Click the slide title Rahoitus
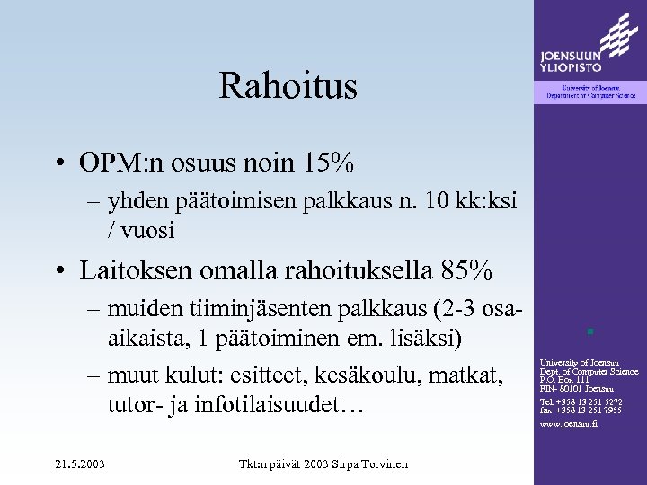[x=288, y=86]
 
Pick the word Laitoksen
[x=135, y=269]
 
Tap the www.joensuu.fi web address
[x=568, y=423]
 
